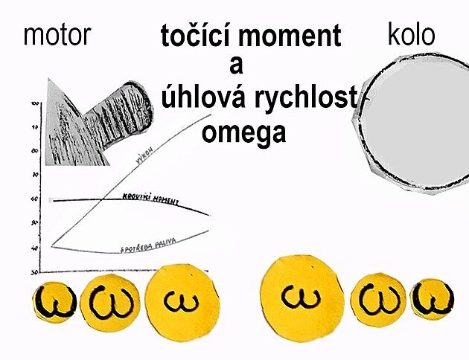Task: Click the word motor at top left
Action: pos(57,34)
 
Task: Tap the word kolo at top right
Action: pos(412,34)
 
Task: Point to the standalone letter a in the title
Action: pos(237,65)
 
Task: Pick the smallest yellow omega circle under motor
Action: pos(51,303)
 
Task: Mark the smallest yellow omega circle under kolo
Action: pos(432,299)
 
